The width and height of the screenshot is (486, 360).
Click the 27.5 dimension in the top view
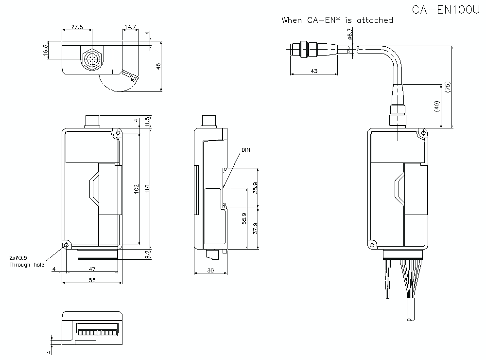tap(77, 27)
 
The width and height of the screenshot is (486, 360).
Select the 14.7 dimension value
tap(129, 27)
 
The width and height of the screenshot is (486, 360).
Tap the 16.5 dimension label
tap(46, 51)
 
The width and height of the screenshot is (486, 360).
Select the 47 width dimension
tap(92, 269)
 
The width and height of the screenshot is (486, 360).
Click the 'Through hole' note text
tap(27, 265)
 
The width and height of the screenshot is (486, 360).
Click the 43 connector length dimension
tap(313, 71)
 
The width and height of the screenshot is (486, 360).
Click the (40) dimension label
tap(436, 107)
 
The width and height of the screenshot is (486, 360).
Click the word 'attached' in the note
tap(375, 20)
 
